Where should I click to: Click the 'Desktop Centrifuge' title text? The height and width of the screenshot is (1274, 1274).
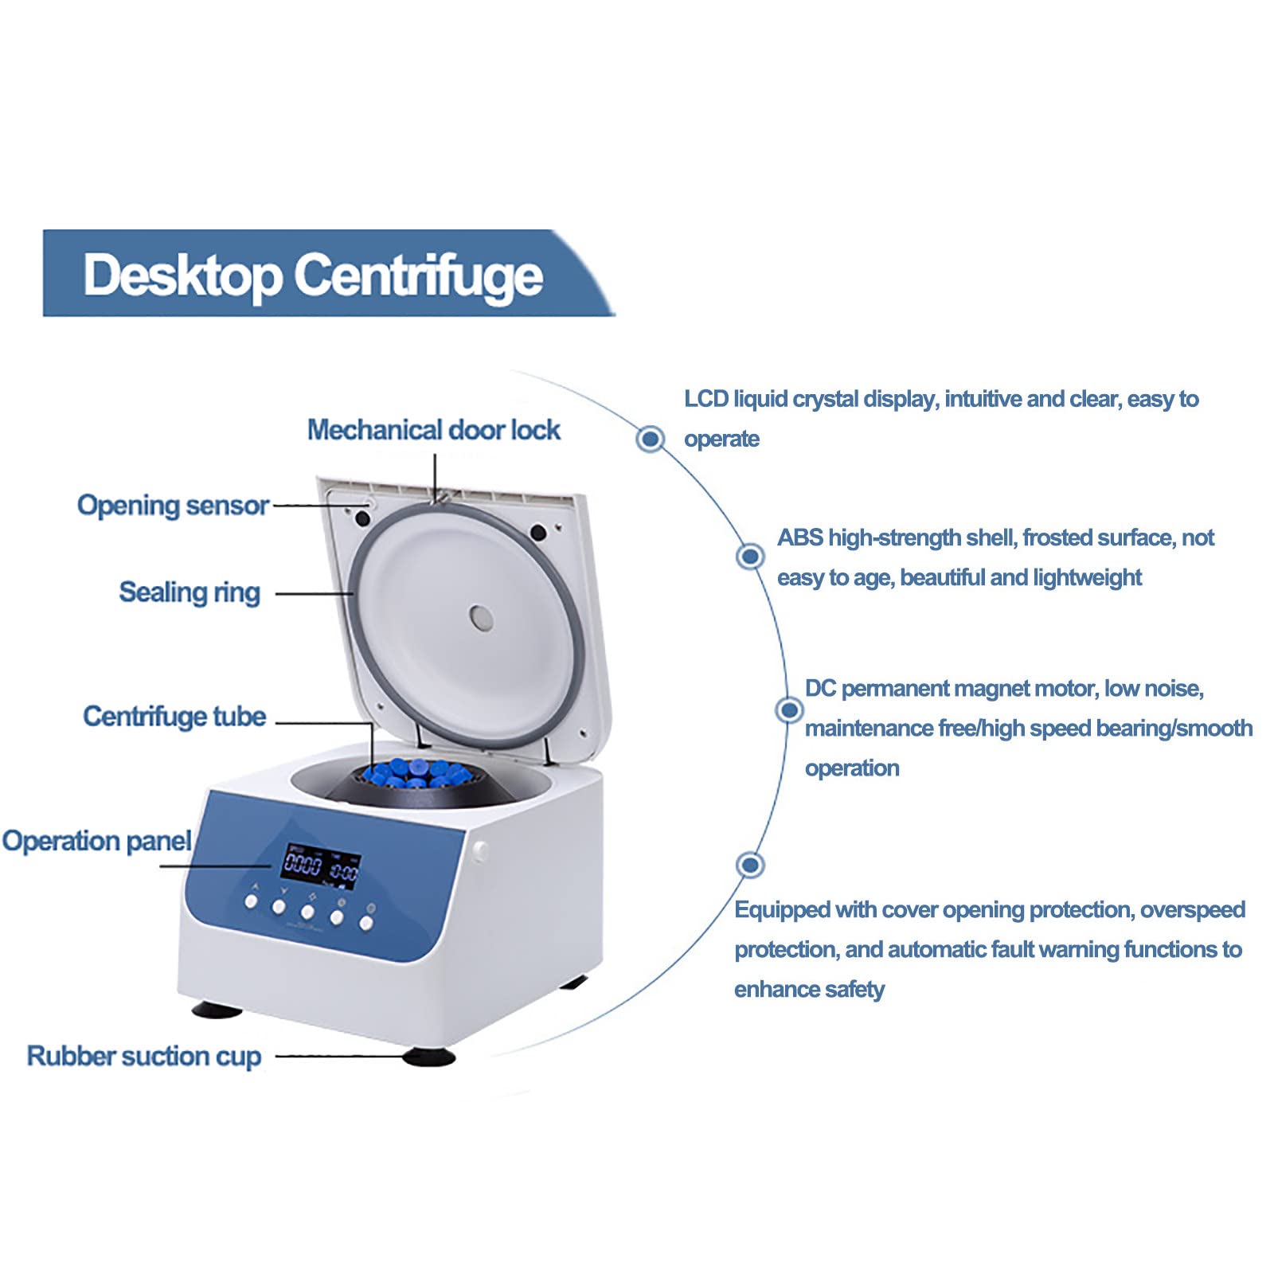tap(313, 275)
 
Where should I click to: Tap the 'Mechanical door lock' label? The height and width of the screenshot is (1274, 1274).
tap(433, 430)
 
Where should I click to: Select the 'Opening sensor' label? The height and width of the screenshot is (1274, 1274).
tap(173, 505)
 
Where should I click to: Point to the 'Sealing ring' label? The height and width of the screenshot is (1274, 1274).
tap(190, 592)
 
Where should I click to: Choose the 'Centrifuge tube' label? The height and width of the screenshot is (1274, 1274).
tap(174, 716)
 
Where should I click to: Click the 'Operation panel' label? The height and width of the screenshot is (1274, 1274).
tap(96, 841)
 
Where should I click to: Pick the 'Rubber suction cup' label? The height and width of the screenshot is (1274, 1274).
tap(144, 1056)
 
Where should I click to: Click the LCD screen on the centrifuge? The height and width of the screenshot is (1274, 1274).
tap(320, 866)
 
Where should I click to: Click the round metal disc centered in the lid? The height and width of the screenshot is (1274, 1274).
tap(481, 617)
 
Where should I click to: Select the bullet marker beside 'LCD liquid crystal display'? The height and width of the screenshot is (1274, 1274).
tap(651, 438)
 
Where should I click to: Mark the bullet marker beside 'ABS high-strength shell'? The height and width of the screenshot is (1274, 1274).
tap(749, 556)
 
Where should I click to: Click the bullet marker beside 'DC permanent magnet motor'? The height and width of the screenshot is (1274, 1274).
tap(789, 709)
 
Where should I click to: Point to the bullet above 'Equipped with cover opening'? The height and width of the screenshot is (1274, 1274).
tap(749, 864)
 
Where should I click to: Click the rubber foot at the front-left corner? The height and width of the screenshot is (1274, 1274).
tap(217, 1009)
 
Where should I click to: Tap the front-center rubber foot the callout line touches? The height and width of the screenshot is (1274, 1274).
tap(429, 1057)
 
